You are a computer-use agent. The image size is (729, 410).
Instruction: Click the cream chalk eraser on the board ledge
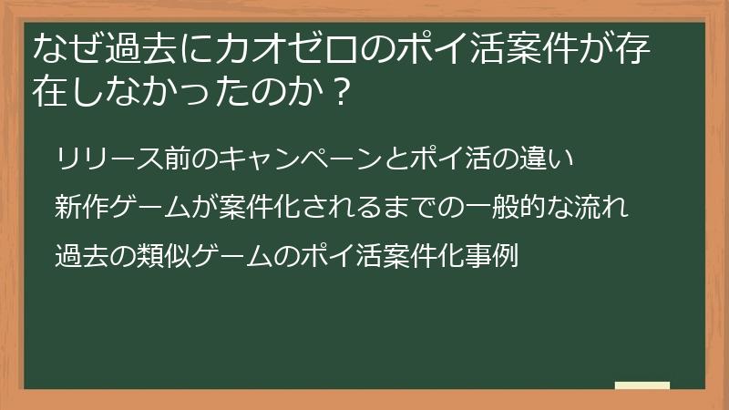coord(642,384)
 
